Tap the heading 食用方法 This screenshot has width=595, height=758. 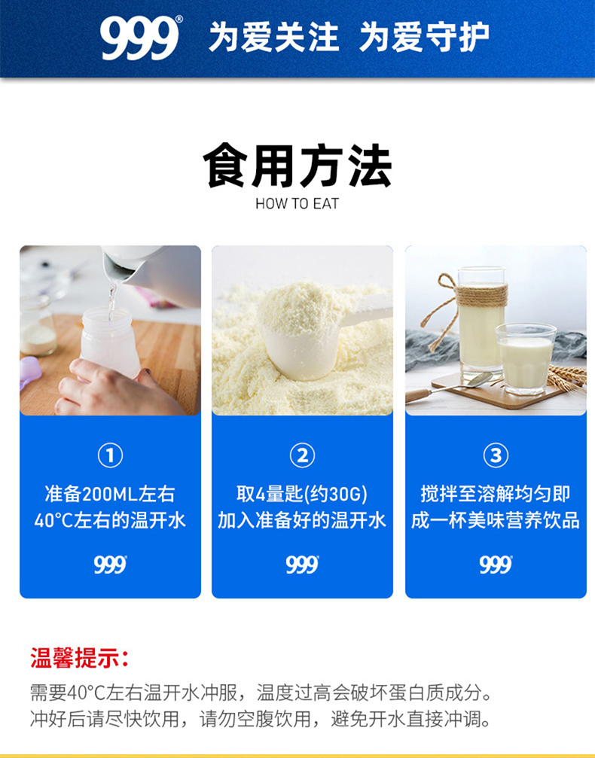click(x=297, y=166)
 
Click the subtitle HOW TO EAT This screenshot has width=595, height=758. click(x=297, y=203)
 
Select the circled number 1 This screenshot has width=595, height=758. click(x=110, y=455)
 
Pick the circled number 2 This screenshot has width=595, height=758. click(x=302, y=455)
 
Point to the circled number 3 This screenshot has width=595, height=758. click(x=496, y=455)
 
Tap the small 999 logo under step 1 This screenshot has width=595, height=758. click(x=110, y=565)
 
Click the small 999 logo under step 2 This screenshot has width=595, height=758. click(x=302, y=565)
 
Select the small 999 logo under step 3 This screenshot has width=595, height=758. click(x=496, y=565)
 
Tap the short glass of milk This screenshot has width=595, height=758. click(x=526, y=358)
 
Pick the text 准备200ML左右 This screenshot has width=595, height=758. click(x=110, y=494)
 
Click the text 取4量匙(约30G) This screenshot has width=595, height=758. click(x=302, y=494)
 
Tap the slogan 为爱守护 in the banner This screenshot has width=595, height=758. click(x=424, y=37)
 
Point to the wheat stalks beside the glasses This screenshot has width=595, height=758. click(x=567, y=377)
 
